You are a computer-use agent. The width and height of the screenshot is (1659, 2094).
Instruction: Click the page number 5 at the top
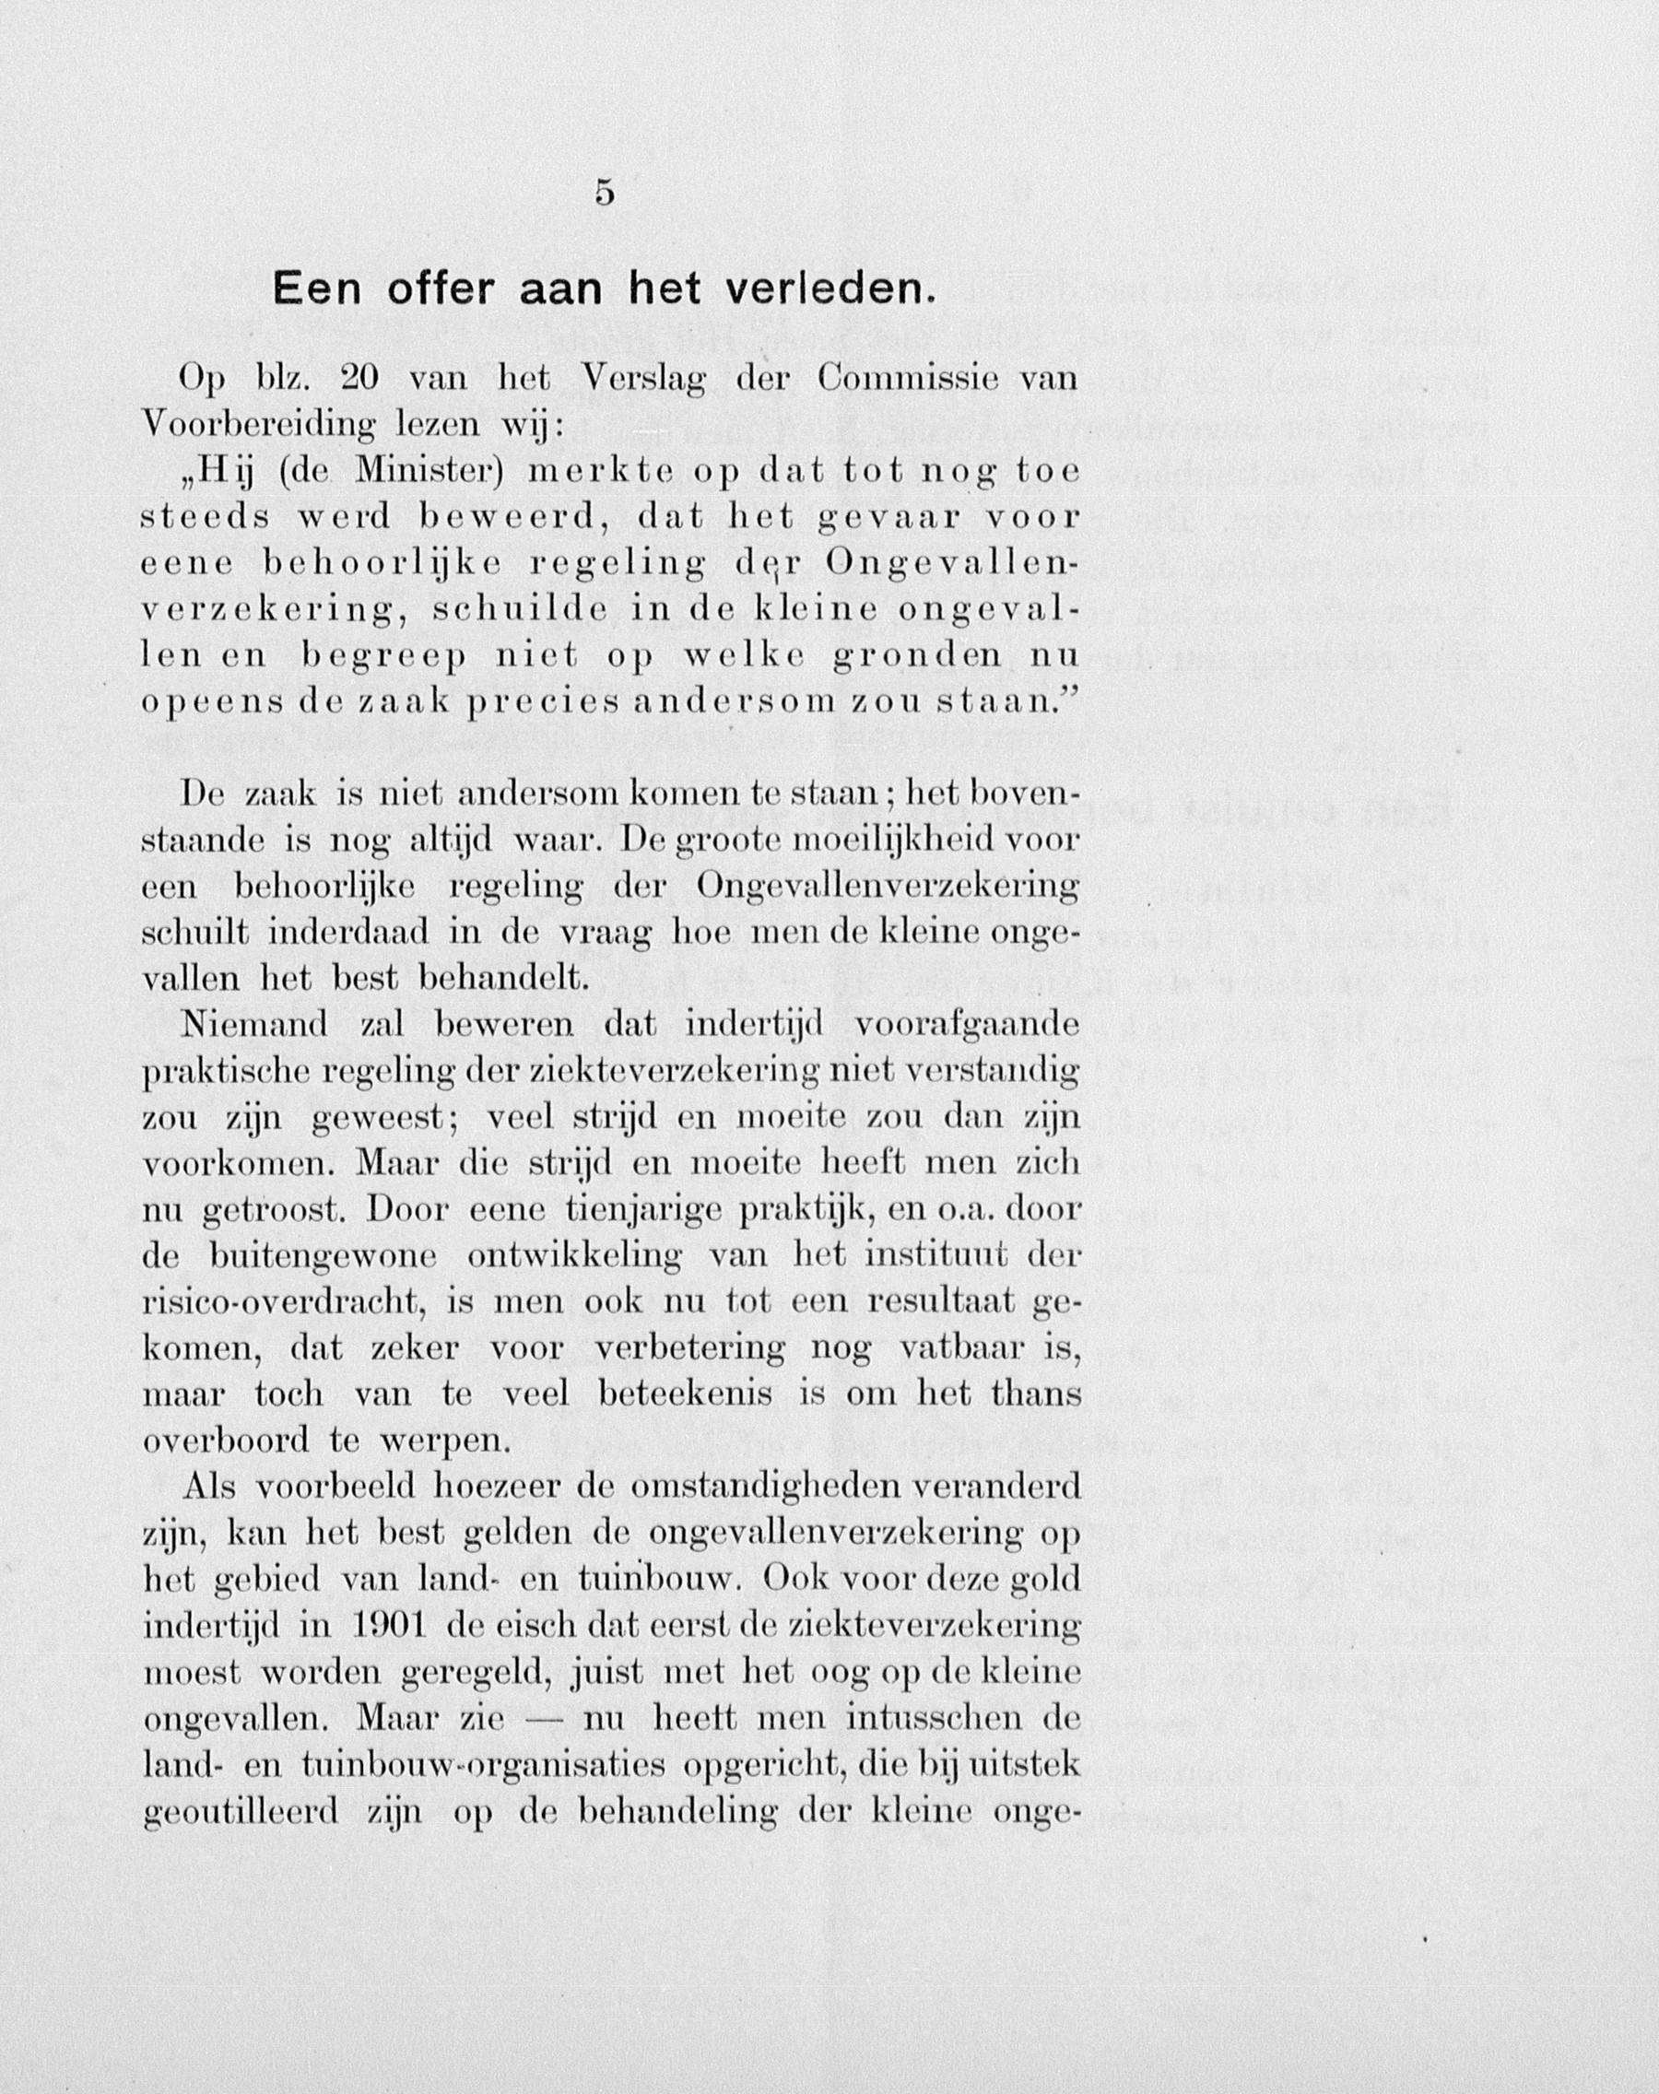[x=605, y=194]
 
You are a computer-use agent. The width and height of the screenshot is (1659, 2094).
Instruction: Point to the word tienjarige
[x=645, y=1211]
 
